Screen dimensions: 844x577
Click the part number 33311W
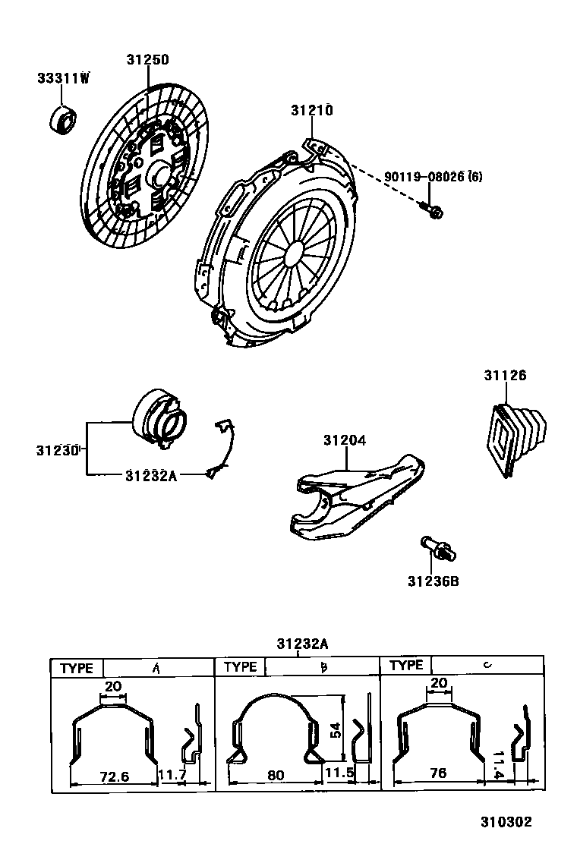[x=63, y=79]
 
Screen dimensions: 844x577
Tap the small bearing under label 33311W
[x=62, y=118]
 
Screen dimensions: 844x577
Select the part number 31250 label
[x=147, y=60]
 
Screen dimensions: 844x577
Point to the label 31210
[x=312, y=111]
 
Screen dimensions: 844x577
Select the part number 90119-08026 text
[x=426, y=178]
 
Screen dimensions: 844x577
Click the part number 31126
[x=506, y=376]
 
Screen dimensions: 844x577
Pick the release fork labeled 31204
[x=357, y=497]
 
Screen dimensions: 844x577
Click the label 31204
[x=345, y=440]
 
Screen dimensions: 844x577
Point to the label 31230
[x=57, y=449]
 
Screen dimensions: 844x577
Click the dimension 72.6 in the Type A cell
[x=115, y=776]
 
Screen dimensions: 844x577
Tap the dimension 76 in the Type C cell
[x=438, y=773]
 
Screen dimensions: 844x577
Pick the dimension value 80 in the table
[x=276, y=776]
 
